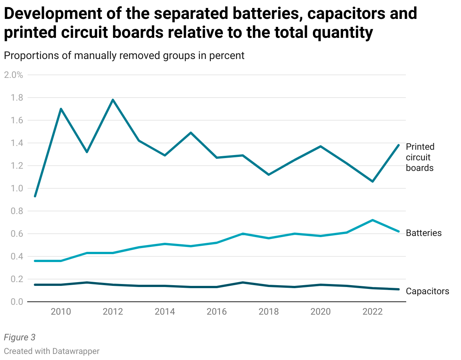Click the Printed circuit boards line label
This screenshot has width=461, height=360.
pos(420,157)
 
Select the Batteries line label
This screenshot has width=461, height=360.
pos(423,233)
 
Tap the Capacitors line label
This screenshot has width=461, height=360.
pos(427,291)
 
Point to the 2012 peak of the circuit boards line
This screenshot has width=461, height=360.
pos(113,100)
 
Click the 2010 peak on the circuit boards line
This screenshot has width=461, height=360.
pos(61,109)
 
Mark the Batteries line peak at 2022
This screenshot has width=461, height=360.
pos(373,220)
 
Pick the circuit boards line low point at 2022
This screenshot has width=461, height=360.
pos(373,182)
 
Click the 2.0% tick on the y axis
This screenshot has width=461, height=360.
pos(13,75)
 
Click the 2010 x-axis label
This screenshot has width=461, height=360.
pos(61,312)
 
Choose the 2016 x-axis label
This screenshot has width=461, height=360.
pos(217,312)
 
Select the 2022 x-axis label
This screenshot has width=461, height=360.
pos(373,312)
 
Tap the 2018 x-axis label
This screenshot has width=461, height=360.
pos(269,312)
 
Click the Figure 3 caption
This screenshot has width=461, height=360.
pos(19,337)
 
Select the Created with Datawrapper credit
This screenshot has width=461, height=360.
pos(52,351)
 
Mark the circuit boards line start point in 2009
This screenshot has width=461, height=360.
pos(35,196)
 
